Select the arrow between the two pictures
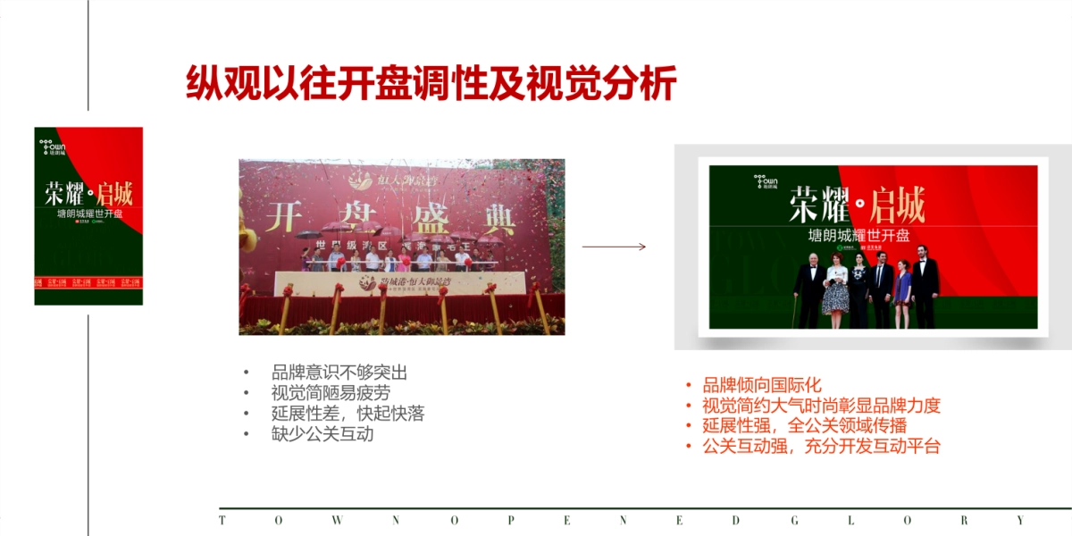(x=614, y=247)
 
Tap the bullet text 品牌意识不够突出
(x=339, y=373)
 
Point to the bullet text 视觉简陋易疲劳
(x=331, y=393)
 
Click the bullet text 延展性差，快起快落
(x=348, y=414)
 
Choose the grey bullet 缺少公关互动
(x=322, y=434)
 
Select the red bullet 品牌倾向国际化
(x=761, y=385)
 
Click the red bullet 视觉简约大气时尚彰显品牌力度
(x=821, y=406)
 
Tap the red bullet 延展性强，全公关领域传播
(x=804, y=426)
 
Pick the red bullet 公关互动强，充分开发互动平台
(x=821, y=447)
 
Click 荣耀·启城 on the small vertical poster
(x=88, y=193)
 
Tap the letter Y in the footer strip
(x=1021, y=520)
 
